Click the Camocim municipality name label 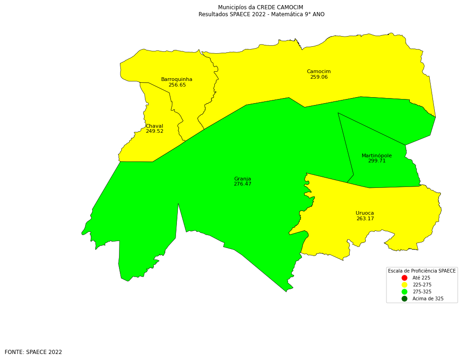(319, 72)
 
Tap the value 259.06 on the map (319, 77)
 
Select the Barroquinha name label (176, 80)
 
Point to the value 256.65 (177, 85)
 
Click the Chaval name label (154, 126)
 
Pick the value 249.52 (154, 131)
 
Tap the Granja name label (242, 179)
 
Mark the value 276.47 (242, 184)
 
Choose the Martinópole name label (376, 156)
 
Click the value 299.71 (376, 161)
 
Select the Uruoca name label (364, 213)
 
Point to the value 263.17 (365, 219)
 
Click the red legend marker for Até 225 (404, 278)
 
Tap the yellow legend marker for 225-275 (404, 285)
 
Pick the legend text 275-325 (422, 292)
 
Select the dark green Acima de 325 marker (404, 299)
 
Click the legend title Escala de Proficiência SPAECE (421, 271)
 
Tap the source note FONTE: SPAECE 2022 (33, 352)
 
